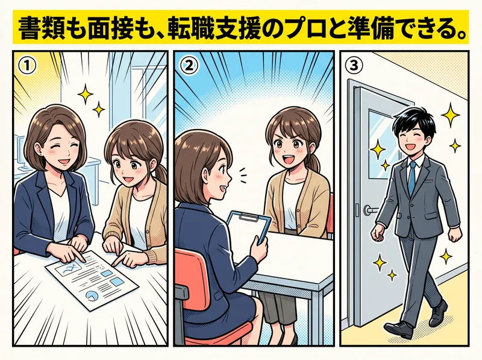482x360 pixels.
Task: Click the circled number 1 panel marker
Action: tap(27, 66)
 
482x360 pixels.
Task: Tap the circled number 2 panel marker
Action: tap(189, 66)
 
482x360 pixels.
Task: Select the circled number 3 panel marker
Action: tap(354, 66)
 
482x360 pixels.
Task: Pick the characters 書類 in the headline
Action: tap(40, 29)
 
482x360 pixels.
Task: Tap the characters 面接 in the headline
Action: tap(109, 29)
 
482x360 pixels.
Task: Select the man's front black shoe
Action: tap(398, 330)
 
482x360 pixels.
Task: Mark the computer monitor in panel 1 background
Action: tap(20, 151)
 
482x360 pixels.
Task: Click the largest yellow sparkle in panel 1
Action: tap(85, 93)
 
